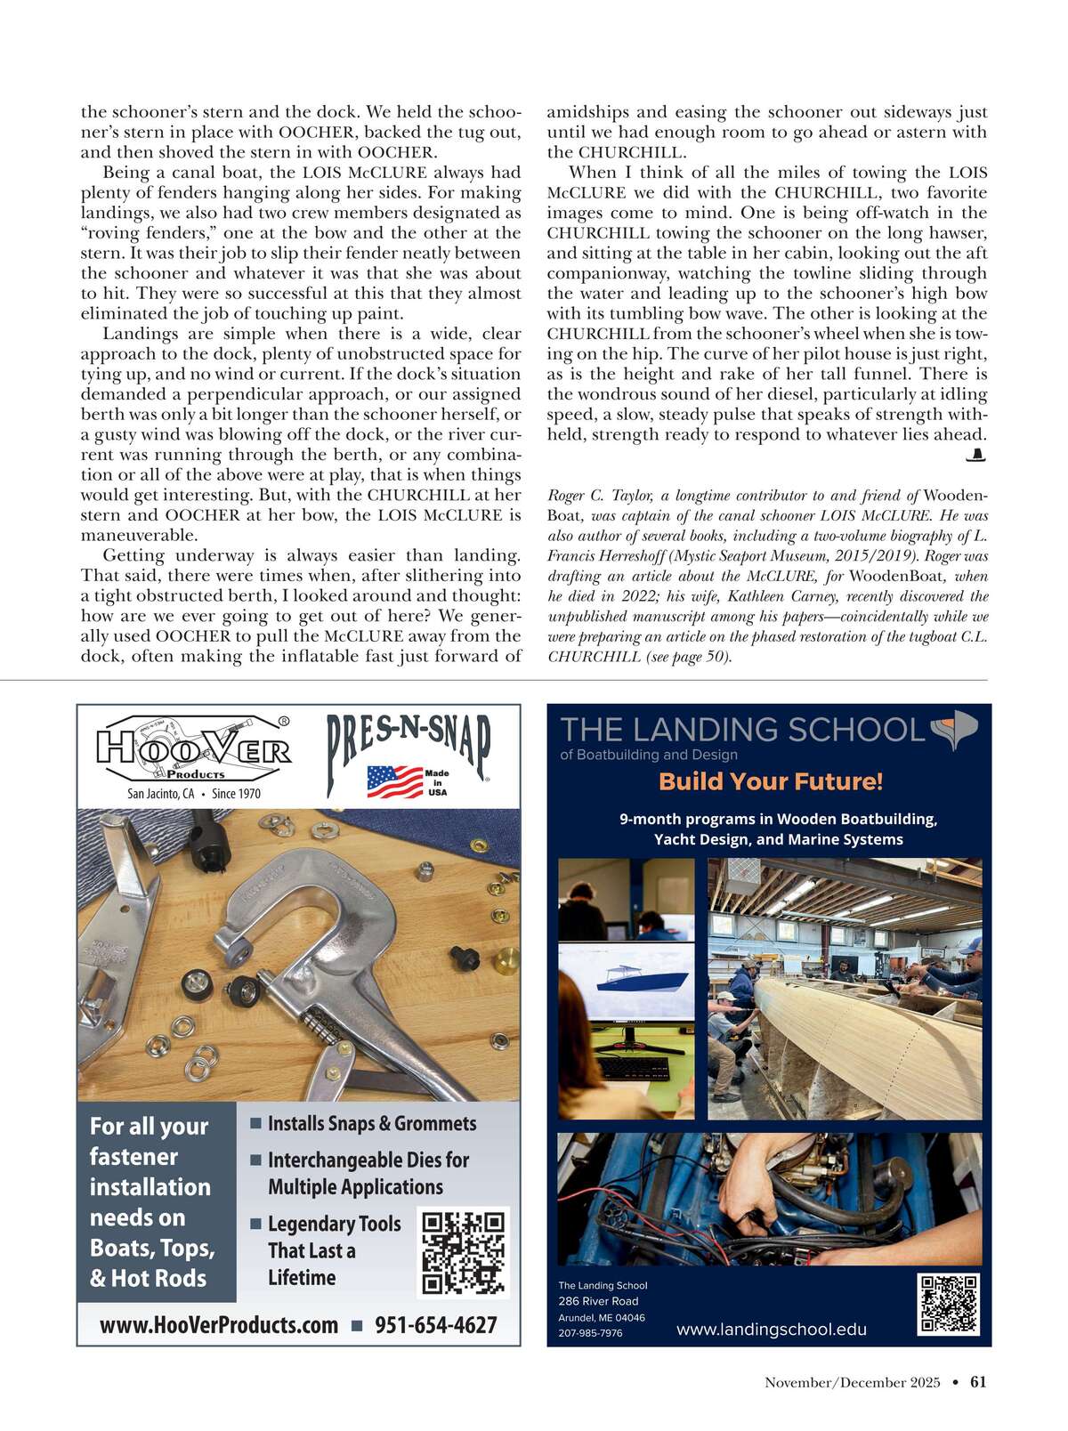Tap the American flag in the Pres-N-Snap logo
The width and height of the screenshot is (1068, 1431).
click(394, 781)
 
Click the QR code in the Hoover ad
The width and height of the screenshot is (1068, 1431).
click(463, 1252)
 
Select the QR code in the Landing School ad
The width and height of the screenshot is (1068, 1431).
click(949, 1304)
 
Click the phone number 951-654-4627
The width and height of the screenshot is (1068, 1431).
click(435, 1325)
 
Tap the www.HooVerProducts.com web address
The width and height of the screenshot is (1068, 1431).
click(219, 1325)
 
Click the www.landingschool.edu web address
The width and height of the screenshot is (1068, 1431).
click(771, 1330)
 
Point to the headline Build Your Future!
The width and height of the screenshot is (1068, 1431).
click(771, 781)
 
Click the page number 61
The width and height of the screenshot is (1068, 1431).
click(978, 1382)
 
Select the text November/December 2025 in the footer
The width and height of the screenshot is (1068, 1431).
click(852, 1382)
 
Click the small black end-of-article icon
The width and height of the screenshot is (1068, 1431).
click(976, 456)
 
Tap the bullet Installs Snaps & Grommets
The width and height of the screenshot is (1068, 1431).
click(371, 1124)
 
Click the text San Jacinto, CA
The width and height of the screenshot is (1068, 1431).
click(160, 793)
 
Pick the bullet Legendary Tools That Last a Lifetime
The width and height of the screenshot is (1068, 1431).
click(334, 1250)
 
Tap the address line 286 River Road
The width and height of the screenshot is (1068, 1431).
click(598, 1301)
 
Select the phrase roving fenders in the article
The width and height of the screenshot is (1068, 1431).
click(142, 233)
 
